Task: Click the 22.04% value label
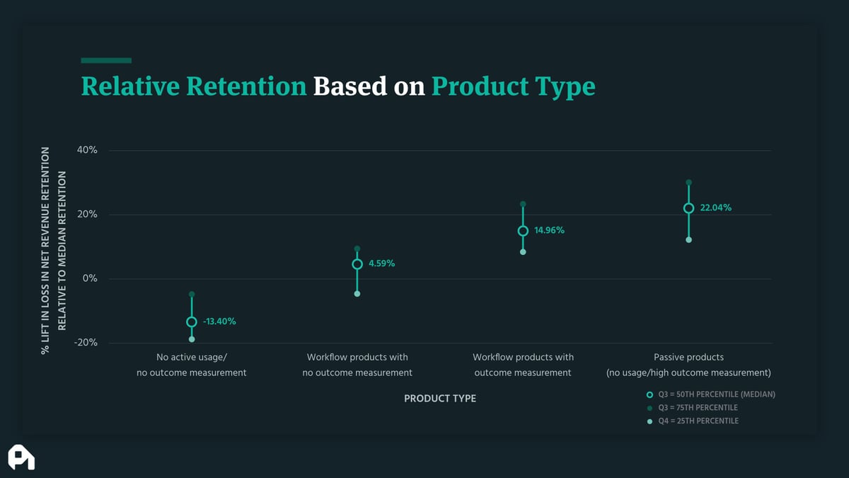715,208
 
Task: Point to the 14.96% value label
549,230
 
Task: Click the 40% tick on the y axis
87,150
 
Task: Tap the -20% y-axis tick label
86,343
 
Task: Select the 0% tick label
90,278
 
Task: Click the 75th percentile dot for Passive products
688,183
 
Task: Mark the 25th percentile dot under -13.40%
192,339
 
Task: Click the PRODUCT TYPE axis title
439,399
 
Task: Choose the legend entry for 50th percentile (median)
710,394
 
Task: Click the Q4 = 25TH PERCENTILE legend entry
693,421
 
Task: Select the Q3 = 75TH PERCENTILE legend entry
692,408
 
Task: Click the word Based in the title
350,86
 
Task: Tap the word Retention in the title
246,86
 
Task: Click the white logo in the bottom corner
21,457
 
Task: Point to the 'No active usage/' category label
192,358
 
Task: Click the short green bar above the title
106,60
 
